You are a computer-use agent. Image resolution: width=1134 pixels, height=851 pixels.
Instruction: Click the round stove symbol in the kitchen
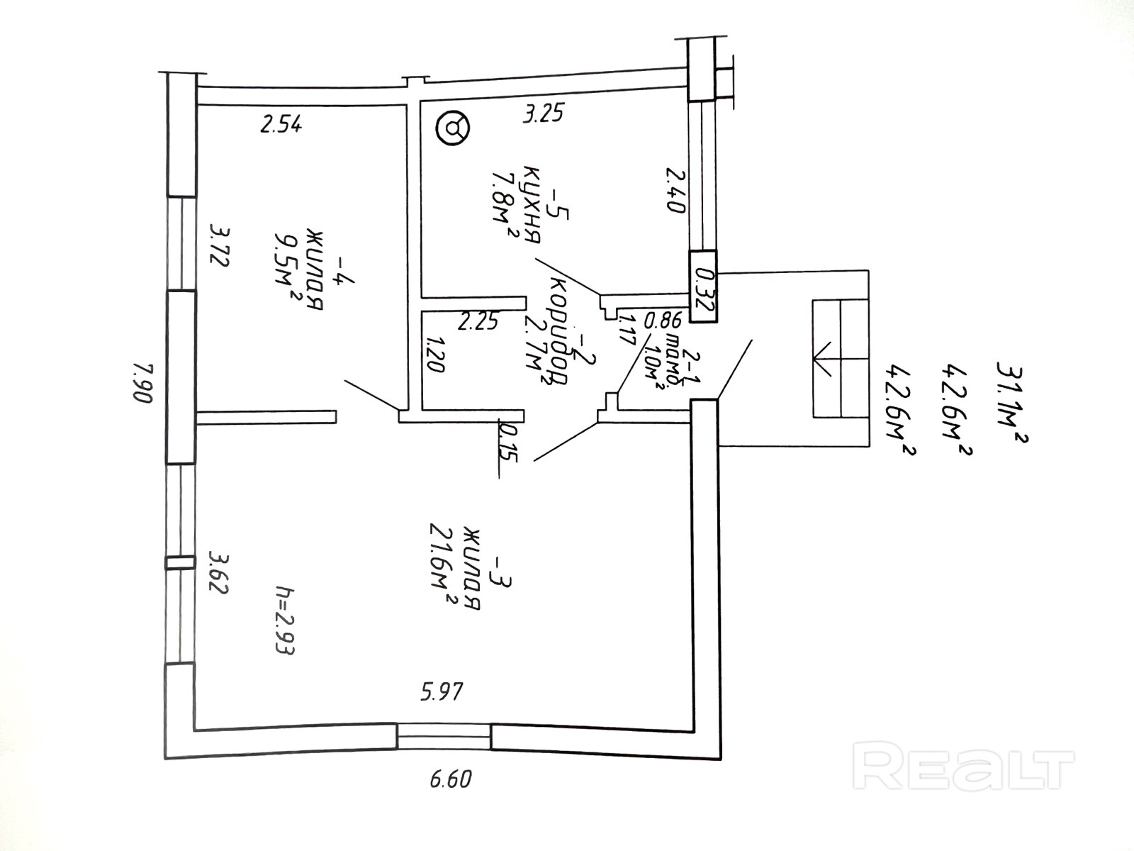click(454, 128)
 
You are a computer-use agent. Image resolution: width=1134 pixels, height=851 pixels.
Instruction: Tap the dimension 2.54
click(281, 125)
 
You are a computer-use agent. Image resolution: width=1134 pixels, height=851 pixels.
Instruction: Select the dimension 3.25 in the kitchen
click(544, 113)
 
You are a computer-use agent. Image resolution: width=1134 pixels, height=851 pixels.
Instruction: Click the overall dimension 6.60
click(450, 779)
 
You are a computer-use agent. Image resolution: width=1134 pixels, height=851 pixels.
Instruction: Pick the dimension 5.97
click(442, 690)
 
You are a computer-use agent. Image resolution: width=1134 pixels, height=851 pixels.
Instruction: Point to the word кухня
click(532, 204)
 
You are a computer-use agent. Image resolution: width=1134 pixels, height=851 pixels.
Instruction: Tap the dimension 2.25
click(478, 322)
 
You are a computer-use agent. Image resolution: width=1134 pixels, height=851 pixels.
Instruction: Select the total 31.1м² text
click(1011, 403)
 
